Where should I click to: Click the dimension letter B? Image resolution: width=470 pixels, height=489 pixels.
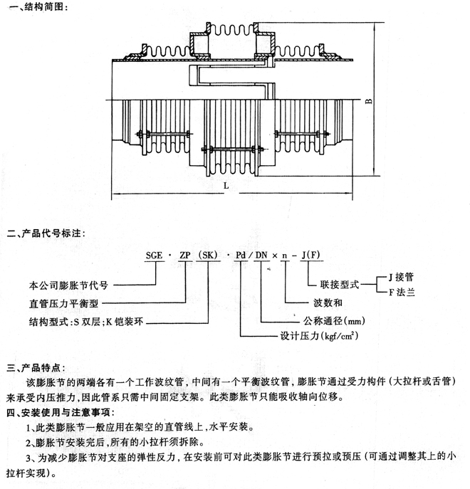pos(368,101)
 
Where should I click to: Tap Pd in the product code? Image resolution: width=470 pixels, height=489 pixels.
pos(241,253)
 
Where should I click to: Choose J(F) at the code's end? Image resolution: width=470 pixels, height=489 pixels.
pos(311,253)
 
